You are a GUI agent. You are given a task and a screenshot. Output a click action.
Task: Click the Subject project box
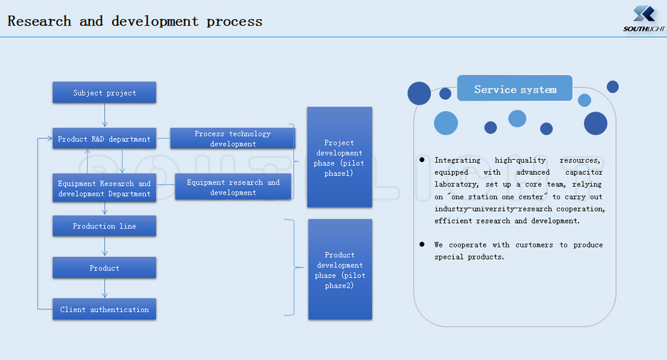point(104,93)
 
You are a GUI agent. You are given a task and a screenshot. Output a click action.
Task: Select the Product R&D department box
point(104,139)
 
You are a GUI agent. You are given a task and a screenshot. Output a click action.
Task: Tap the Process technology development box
point(233,138)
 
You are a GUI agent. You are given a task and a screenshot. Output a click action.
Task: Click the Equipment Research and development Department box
point(104,188)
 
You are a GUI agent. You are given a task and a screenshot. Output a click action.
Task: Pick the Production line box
point(104,226)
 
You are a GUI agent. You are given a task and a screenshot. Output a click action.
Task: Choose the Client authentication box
point(104,309)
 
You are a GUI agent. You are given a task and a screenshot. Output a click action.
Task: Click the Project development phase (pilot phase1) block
point(339,157)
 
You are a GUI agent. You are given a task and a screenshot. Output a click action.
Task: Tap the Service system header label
point(515,89)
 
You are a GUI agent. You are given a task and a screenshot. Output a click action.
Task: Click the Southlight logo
point(644,19)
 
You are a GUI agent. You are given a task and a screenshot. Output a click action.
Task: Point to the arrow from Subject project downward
point(105,115)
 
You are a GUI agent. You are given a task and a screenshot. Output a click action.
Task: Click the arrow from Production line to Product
point(105,246)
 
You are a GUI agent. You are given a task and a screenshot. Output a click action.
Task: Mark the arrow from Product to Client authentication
point(105,288)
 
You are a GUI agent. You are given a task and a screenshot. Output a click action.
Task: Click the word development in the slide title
point(155,21)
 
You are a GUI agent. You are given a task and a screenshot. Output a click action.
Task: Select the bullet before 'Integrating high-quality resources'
point(422,160)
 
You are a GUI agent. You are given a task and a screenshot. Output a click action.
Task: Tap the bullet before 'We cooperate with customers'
point(422,244)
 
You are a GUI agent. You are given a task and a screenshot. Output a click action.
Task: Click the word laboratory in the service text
point(456,185)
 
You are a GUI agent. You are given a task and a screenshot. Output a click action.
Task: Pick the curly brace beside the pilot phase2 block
point(294,267)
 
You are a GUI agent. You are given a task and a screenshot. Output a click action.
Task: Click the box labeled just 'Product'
point(104,267)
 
